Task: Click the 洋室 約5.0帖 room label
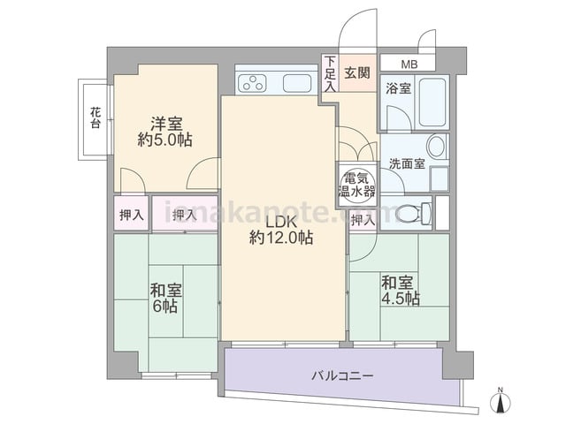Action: click(x=165, y=132)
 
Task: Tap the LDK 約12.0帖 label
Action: click(x=281, y=230)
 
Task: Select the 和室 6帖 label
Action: click(x=165, y=299)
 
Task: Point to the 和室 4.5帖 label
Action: click(x=401, y=291)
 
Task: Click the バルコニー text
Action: click(x=342, y=376)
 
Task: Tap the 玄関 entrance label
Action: click(x=356, y=72)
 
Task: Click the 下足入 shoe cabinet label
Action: click(x=330, y=73)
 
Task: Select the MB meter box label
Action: click(x=409, y=64)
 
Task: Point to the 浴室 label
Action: click(x=398, y=88)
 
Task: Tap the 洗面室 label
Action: click(x=407, y=163)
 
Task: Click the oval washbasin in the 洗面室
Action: click(x=436, y=146)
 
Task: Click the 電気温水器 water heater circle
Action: click(x=357, y=185)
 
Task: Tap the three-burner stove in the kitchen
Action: click(x=252, y=82)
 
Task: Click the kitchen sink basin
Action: click(x=297, y=83)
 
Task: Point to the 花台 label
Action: click(x=96, y=117)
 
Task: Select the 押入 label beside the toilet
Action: click(x=363, y=220)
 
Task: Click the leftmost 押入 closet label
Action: click(x=132, y=216)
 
